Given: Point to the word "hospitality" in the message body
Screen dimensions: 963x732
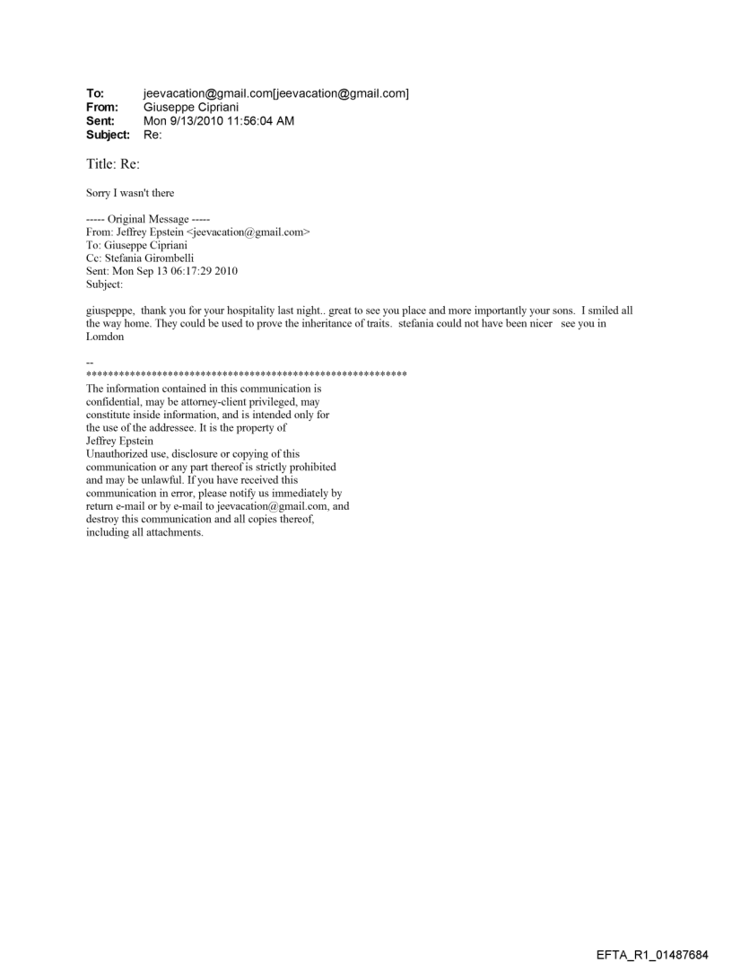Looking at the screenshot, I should point(257,310).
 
